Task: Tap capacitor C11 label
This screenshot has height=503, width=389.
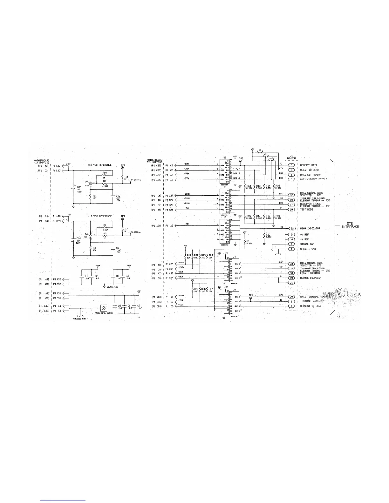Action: click(79, 187)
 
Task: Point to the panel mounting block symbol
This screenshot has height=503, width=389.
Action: click(103, 308)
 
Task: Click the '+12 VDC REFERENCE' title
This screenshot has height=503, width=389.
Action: click(99, 165)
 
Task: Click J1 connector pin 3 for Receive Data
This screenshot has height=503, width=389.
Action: click(291, 165)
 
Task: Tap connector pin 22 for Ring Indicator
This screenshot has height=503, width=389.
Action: click(291, 228)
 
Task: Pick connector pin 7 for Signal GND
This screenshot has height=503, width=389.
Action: click(291, 244)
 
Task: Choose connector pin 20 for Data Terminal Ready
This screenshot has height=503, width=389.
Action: click(291, 297)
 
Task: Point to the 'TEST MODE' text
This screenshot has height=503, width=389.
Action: click(306, 210)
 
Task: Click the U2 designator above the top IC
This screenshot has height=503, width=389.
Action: click(225, 158)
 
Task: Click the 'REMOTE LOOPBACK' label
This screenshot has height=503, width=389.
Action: click(311, 278)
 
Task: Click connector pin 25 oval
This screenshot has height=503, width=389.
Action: click(291, 209)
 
